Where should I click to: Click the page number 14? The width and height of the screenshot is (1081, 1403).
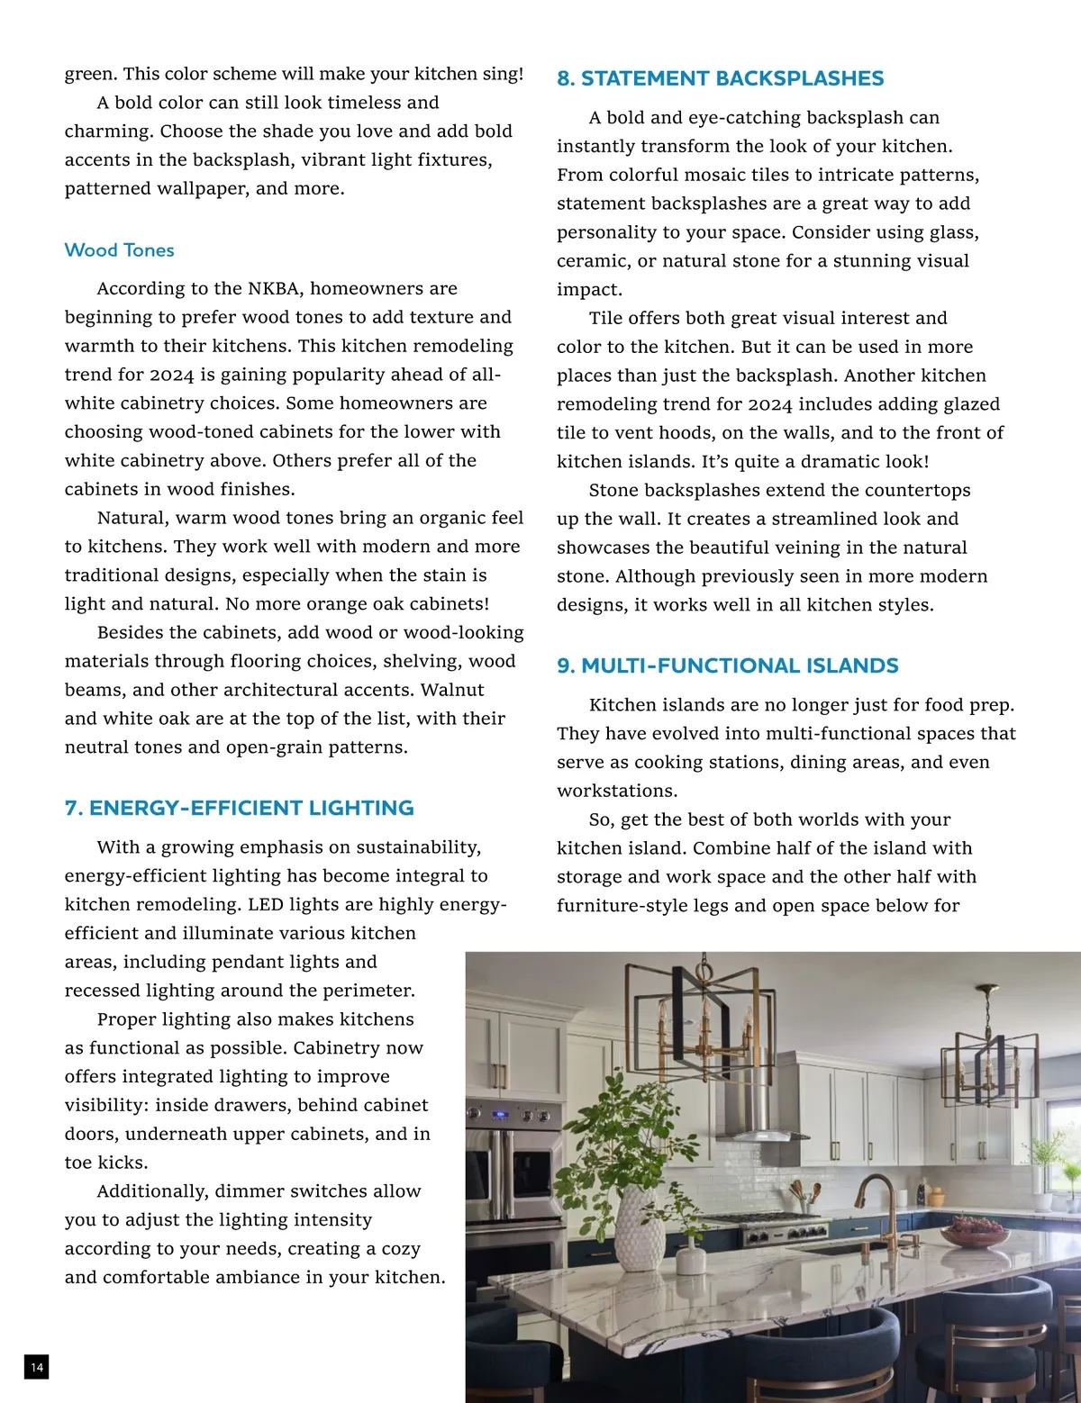pyautogui.click(x=36, y=1367)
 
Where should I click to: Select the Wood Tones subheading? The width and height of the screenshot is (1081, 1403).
pyautogui.click(x=119, y=250)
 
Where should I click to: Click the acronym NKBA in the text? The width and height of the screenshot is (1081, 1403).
pyautogui.click(x=276, y=289)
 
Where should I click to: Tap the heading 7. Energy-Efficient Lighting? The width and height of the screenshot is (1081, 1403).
pyautogui.click(x=239, y=808)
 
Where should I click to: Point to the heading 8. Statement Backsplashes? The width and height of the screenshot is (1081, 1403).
pyautogui.click(x=720, y=78)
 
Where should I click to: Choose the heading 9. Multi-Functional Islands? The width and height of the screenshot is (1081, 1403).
pyautogui.click(x=727, y=665)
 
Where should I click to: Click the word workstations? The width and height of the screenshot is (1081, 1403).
pyautogui.click(x=616, y=791)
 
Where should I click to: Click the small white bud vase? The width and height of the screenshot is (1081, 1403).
pyautogui.click(x=691, y=1257)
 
